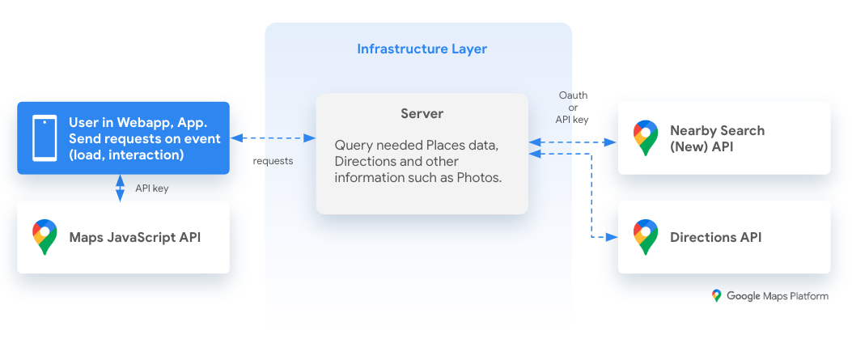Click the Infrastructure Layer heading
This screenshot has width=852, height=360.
pyautogui.click(x=422, y=49)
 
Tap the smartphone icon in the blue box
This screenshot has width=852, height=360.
pyautogui.click(x=44, y=138)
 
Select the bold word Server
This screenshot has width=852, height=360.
pyautogui.click(x=422, y=114)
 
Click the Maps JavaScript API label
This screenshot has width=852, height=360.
pyautogui.click(x=134, y=237)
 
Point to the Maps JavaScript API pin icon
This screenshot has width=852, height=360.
pyautogui.click(x=45, y=236)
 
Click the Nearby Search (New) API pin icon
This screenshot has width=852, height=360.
pyautogui.click(x=645, y=138)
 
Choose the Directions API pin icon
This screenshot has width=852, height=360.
pyautogui.click(x=645, y=237)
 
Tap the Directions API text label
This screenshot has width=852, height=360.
pyautogui.click(x=715, y=237)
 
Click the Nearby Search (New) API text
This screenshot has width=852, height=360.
pyautogui.click(x=717, y=138)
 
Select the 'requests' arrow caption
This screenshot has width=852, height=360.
pyautogui.click(x=273, y=161)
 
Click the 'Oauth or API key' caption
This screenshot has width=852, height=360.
pyautogui.click(x=573, y=107)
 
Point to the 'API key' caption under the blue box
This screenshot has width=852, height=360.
pyautogui.click(x=151, y=188)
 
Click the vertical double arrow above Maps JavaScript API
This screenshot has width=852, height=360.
pyautogui.click(x=120, y=188)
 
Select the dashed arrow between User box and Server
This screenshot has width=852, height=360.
pyautogui.click(x=273, y=138)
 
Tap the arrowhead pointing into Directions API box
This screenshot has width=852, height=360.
pyautogui.click(x=613, y=237)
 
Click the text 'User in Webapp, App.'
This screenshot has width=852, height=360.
pyautogui.click(x=138, y=123)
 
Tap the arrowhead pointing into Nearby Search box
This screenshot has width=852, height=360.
pyautogui.click(x=612, y=142)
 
